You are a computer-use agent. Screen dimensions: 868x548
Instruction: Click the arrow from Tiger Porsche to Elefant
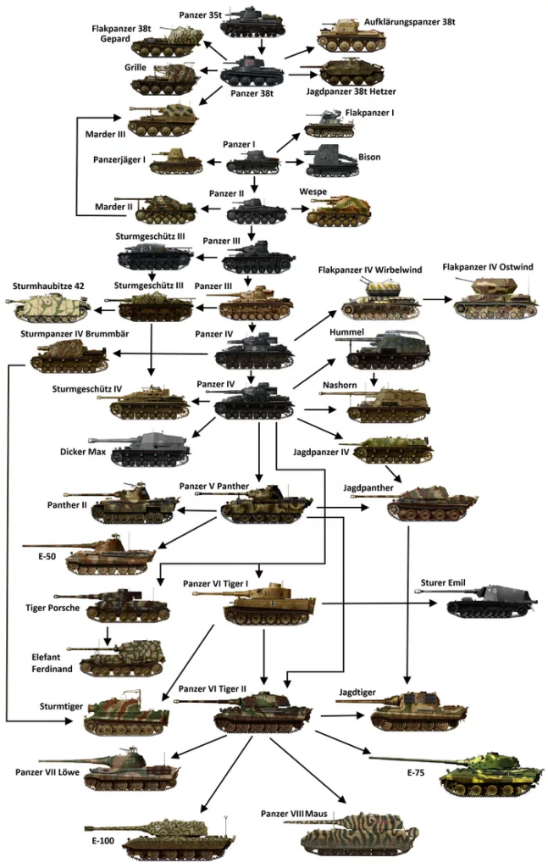[x=108, y=635]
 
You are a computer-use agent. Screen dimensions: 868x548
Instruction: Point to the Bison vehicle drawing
[x=331, y=161]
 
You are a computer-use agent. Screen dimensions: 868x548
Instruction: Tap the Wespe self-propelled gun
[x=339, y=210]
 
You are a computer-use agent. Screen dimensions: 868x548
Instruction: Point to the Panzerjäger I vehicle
[x=176, y=161]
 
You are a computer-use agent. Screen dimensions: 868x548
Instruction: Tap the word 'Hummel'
[x=347, y=331]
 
